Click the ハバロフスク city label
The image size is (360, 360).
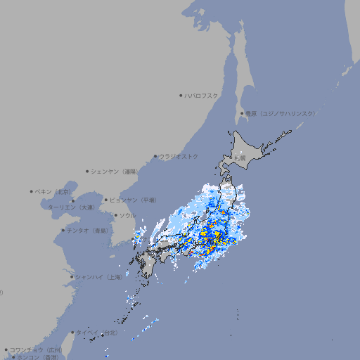pos(201,95)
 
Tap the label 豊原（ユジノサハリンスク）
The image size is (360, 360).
pos(280,113)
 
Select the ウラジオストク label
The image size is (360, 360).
pos(179,156)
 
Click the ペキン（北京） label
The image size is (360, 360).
pos(54,191)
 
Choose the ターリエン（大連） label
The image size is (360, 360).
pos(71,207)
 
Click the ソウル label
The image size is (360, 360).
pos(127,215)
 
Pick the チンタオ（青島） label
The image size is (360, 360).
pos(87,231)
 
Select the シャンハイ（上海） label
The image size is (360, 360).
pos(98,277)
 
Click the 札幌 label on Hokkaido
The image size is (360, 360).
pos(240,158)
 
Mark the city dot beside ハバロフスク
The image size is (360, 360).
pos(181,95)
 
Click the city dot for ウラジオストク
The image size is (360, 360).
pos(155,156)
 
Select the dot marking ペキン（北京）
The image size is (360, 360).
pos(32,191)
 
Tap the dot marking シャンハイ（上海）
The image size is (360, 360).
pos(72,277)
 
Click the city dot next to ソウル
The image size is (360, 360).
pos(115,215)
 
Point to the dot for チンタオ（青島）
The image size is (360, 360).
pos(63,231)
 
